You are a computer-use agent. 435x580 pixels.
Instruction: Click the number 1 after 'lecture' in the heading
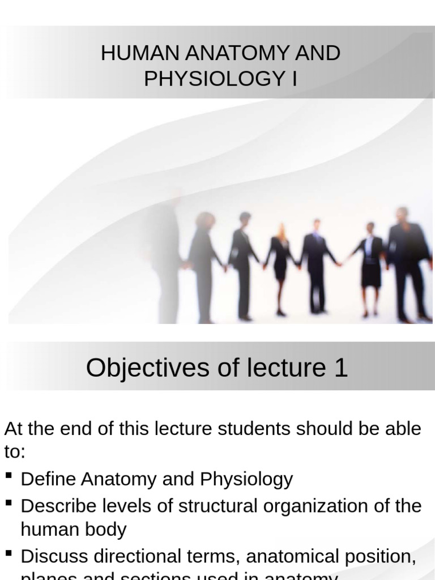340,368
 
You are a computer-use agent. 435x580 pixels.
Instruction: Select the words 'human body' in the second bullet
74,530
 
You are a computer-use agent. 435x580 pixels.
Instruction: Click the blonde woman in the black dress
280,266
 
